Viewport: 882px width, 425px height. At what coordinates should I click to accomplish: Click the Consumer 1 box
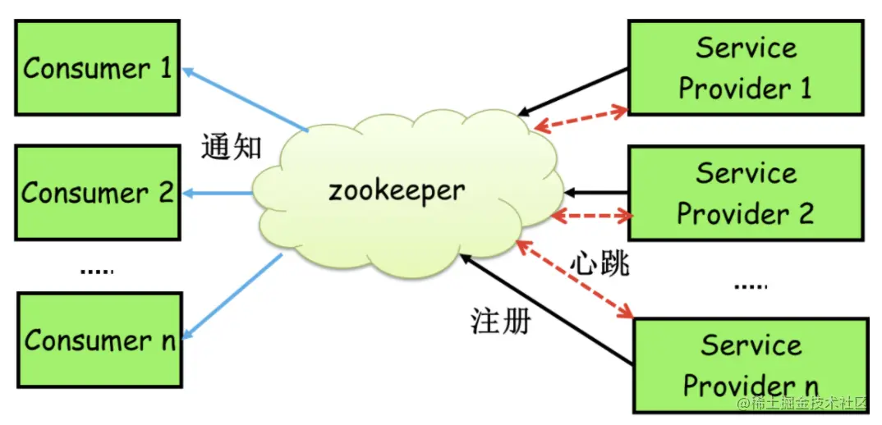97,67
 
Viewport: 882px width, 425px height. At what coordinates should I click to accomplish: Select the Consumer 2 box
97,193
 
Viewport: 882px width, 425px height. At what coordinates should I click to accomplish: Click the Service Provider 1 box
746,67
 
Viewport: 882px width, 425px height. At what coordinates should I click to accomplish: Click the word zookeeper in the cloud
397,190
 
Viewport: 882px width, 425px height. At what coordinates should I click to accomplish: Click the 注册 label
500,321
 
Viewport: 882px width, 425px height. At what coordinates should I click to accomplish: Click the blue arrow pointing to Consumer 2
218,193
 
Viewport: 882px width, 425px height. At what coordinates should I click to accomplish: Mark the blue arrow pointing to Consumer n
233,295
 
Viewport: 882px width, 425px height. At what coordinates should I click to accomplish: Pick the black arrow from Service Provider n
546,308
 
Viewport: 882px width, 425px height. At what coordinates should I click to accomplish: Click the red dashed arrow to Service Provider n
575,279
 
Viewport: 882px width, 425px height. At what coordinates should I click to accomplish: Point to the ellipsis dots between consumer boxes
97,271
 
